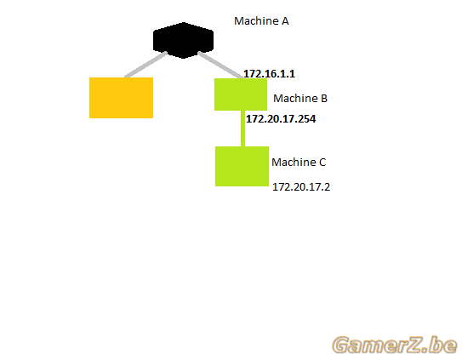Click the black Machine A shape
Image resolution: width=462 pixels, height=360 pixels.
[x=183, y=40]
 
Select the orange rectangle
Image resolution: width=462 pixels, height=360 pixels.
[x=121, y=98]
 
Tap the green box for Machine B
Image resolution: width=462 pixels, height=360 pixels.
[x=241, y=94]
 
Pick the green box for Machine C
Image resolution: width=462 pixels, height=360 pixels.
[x=242, y=166]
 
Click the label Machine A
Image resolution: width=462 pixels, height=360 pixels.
[x=261, y=21]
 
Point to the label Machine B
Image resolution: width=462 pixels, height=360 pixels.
[x=300, y=98]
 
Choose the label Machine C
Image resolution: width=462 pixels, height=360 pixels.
[x=299, y=163]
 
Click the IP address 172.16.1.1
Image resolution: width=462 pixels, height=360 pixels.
[x=269, y=74]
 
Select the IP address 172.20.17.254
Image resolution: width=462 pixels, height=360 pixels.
[x=281, y=119]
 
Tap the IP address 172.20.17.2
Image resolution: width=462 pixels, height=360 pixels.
[x=301, y=187]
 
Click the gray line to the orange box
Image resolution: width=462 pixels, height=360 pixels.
[x=145, y=65]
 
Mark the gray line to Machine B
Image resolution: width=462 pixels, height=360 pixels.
[x=220, y=65]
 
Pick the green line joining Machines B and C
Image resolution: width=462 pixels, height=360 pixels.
[x=242, y=129]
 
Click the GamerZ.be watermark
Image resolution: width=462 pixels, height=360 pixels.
[x=395, y=345]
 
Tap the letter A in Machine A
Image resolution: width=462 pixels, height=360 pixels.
[x=285, y=21]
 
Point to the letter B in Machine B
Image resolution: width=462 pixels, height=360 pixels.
[x=324, y=98]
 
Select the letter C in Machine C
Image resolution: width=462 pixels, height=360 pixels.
[x=322, y=163]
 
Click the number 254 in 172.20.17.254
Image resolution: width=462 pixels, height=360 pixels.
[x=306, y=119]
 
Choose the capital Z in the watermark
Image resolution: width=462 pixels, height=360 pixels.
[x=419, y=345]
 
